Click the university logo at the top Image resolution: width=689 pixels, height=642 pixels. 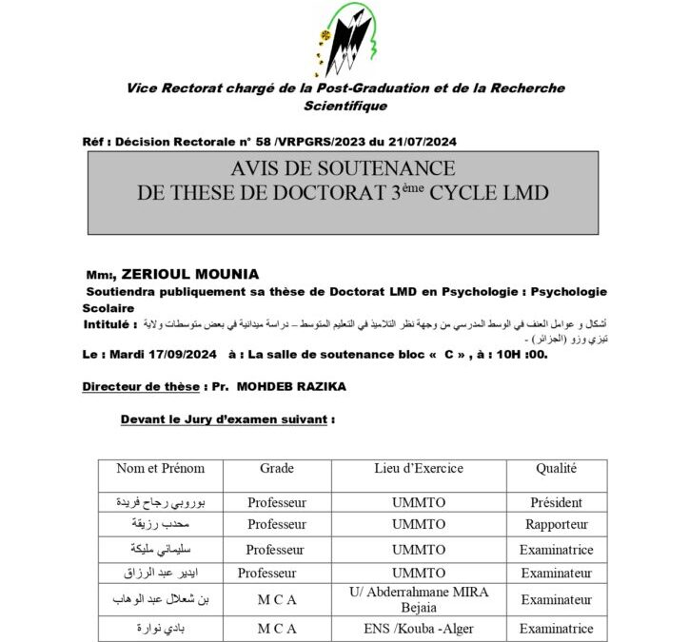click(x=348, y=39)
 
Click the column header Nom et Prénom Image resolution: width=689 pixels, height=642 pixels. click(x=160, y=468)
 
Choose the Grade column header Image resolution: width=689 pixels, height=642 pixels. click(x=276, y=468)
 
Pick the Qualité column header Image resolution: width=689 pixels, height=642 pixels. click(x=558, y=468)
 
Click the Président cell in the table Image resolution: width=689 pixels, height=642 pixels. click(x=558, y=498)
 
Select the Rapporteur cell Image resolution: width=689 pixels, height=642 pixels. click(x=558, y=524)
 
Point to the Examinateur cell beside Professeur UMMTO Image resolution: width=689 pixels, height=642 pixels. click(x=558, y=574)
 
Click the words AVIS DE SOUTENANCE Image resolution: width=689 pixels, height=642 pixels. click(x=343, y=168)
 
